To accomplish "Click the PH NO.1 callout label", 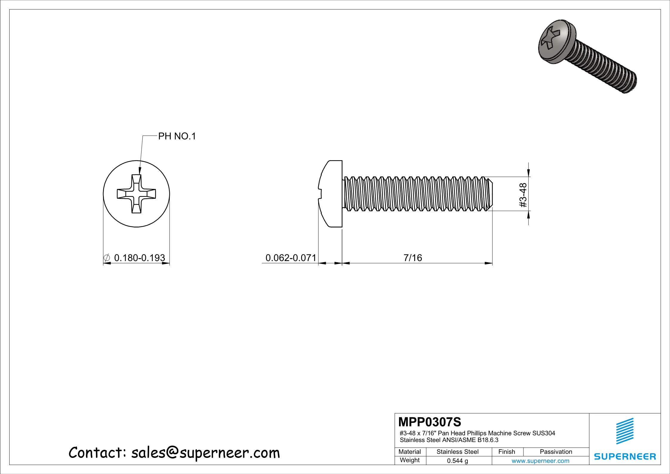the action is tap(177, 136).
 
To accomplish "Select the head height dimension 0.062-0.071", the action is tap(291, 257).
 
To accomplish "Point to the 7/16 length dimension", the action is tap(413, 257).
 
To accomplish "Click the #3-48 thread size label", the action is tap(523, 195).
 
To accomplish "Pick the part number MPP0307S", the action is tap(430, 422).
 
